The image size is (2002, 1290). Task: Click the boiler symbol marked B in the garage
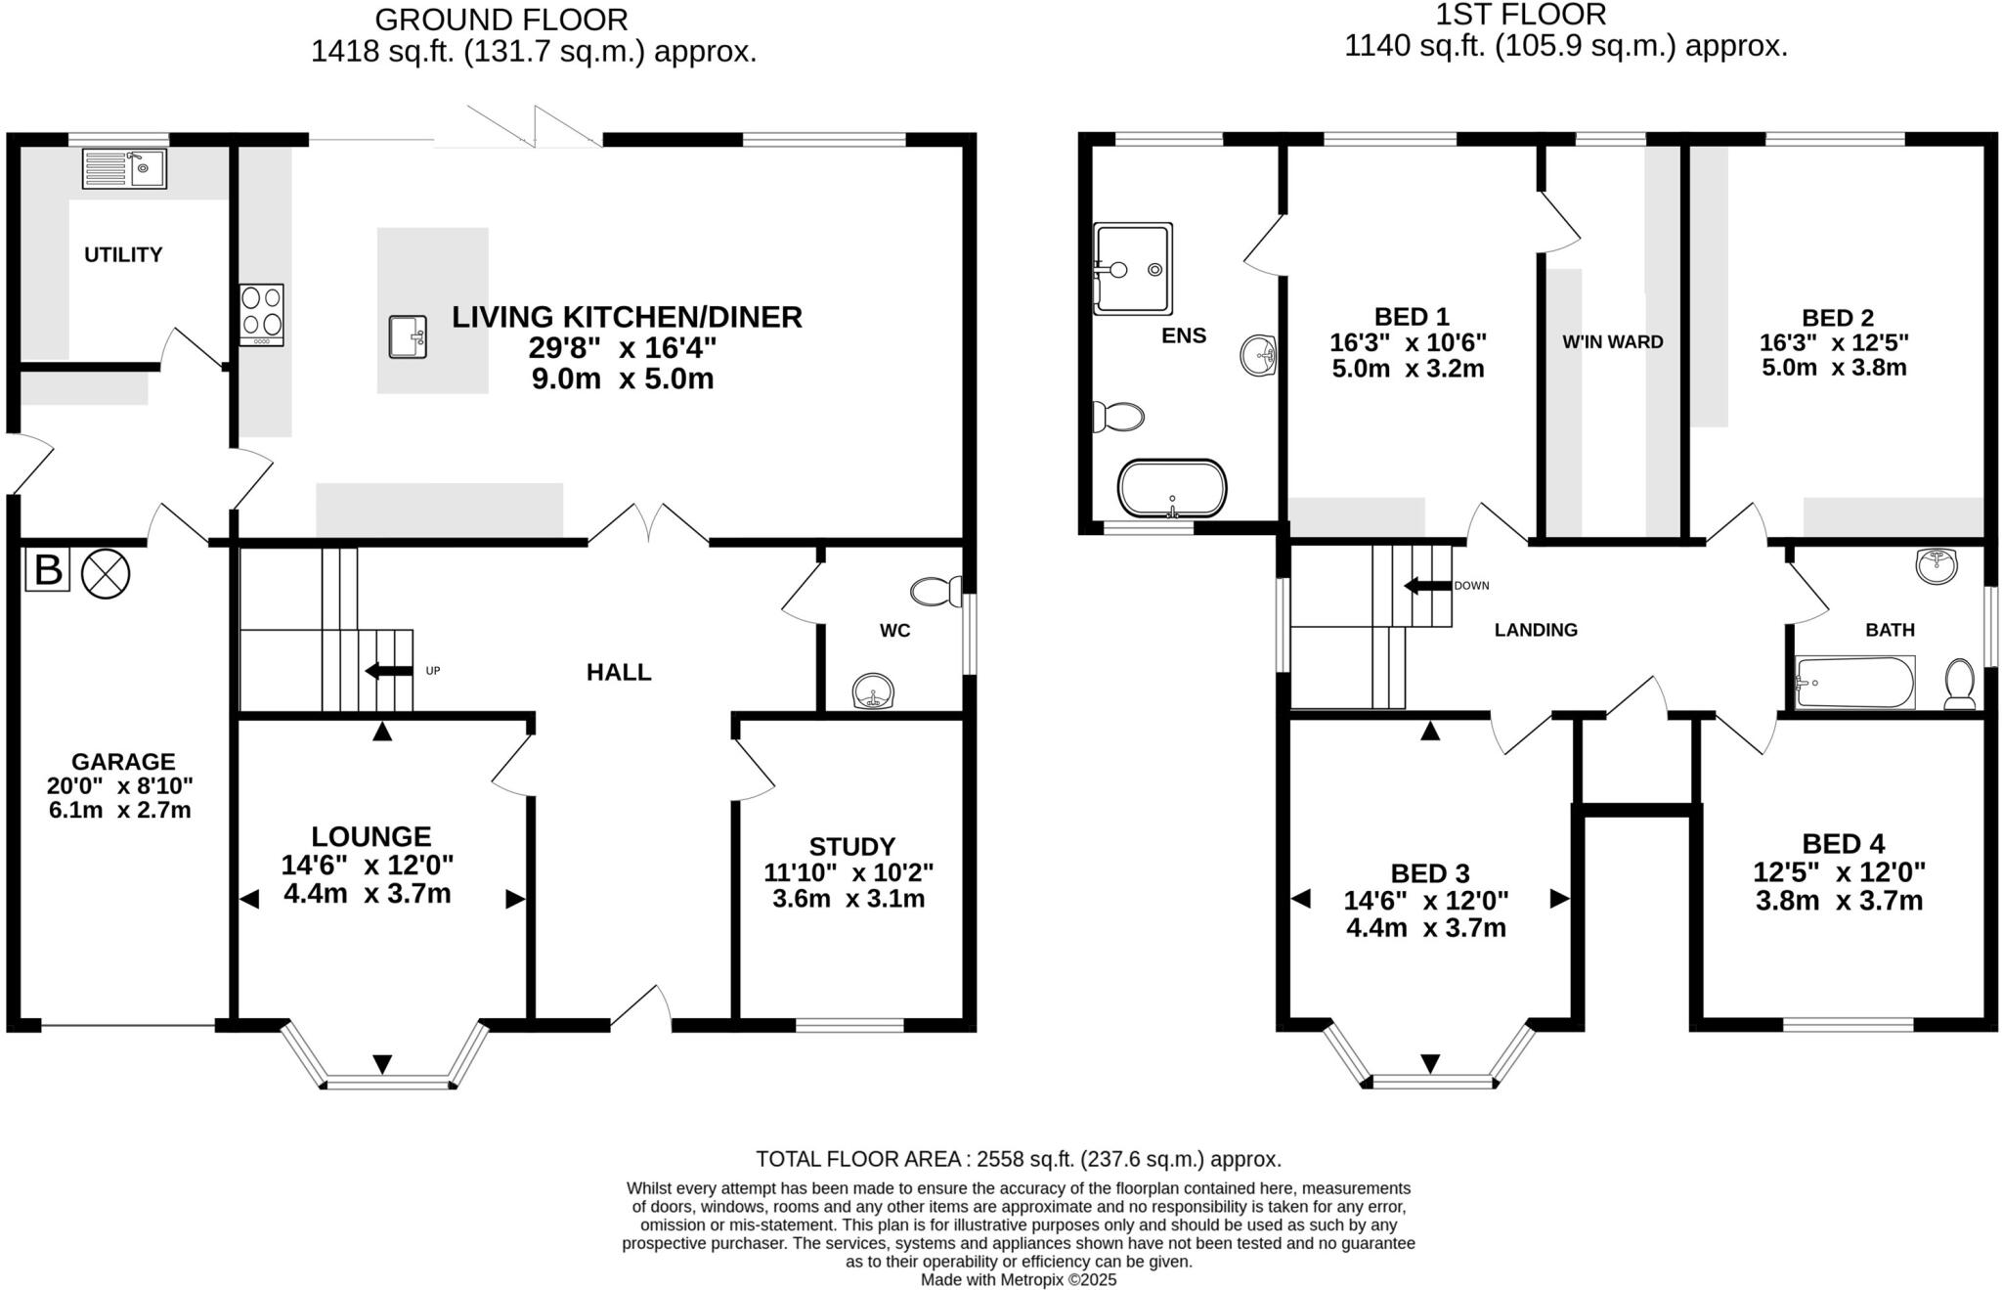[x=47, y=570]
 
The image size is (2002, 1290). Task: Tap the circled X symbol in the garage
[x=105, y=573]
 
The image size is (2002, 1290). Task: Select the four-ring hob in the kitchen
[x=261, y=314]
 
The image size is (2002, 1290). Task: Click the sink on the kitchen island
[x=408, y=336]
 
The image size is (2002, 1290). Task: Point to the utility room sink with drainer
[x=124, y=168]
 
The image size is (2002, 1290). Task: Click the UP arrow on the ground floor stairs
[x=388, y=671]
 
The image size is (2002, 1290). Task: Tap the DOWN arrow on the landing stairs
[x=1426, y=586]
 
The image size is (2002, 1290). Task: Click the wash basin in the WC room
[x=873, y=690]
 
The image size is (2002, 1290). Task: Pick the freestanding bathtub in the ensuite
[x=1171, y=488]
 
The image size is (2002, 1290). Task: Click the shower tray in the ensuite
[x=1132, y=268]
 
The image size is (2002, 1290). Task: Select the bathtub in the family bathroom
[x=1854, y=682]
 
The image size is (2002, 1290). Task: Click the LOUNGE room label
[x=370, y=836]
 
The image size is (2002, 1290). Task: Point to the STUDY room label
[x=851, y=846]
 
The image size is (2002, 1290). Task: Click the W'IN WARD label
[x=1612, y=342]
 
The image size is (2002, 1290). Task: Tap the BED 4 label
[x=1843, y=844]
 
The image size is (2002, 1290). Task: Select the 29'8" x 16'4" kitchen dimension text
[x=623, y=348]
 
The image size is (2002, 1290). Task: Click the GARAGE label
[x=123, y=761]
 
